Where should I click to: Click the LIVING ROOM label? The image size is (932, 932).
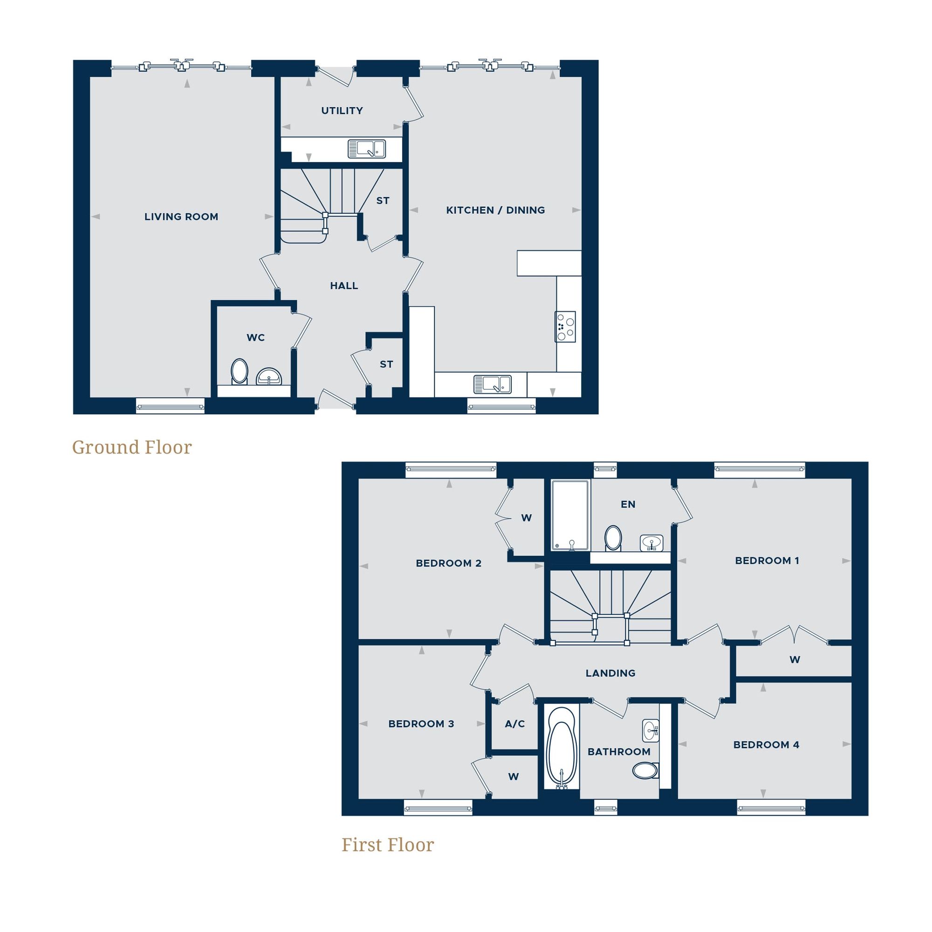pos(181,217)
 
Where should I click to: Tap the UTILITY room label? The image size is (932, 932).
pos(342,111)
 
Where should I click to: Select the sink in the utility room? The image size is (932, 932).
pos(367,149)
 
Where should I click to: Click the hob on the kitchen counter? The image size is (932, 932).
pos(565,327)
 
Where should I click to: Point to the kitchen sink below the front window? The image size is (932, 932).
pos(492,384)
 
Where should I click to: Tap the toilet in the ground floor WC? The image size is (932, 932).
pos(239,371)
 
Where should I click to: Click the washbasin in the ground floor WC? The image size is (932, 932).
pos(269,376)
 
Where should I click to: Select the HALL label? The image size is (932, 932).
pos(344,286)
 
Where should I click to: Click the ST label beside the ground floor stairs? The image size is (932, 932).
pos(383,201)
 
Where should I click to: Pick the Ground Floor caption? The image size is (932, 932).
pos(132,447)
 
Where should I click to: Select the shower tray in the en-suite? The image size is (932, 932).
pos(570,515)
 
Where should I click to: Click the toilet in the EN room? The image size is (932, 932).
pos(613,537)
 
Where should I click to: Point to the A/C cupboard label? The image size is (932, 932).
pos(515,724)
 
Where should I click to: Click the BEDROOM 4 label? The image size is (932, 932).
pos(766,745)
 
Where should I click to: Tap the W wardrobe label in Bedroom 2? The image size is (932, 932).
pos(526,518)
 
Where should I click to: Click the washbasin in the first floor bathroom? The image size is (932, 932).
pos(650,731)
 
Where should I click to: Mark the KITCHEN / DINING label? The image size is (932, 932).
pos(495,210)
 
